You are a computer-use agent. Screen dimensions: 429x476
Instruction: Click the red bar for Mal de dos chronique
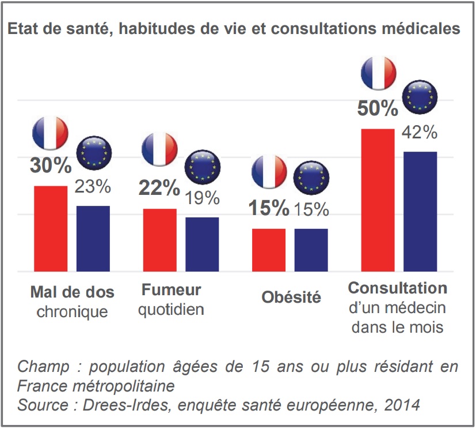[x=51, y=228]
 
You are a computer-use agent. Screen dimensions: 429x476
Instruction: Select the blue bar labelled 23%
[x=93, y=238]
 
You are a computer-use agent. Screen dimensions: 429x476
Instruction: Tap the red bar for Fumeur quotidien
[x=159, y=240]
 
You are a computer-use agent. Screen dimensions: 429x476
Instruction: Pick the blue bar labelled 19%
[x=201, y=244]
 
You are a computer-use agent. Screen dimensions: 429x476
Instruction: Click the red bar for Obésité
[x=269, y=250]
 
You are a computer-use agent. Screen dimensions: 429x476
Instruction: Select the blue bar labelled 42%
[x=420, y=211]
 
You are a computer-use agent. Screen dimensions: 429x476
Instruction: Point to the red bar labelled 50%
[x=378, y=200]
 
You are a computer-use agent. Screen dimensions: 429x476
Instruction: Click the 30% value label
[x=51, y=165]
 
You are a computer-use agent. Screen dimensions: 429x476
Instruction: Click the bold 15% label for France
[x=268, y=208]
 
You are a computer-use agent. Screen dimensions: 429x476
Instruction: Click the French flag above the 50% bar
[x=378, y=73]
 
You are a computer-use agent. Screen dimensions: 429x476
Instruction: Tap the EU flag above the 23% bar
[x=94, y=153]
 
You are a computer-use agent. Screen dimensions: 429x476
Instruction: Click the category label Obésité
[x=291, y=298]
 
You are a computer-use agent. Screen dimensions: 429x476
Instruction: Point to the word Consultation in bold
[x=398, y=288]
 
